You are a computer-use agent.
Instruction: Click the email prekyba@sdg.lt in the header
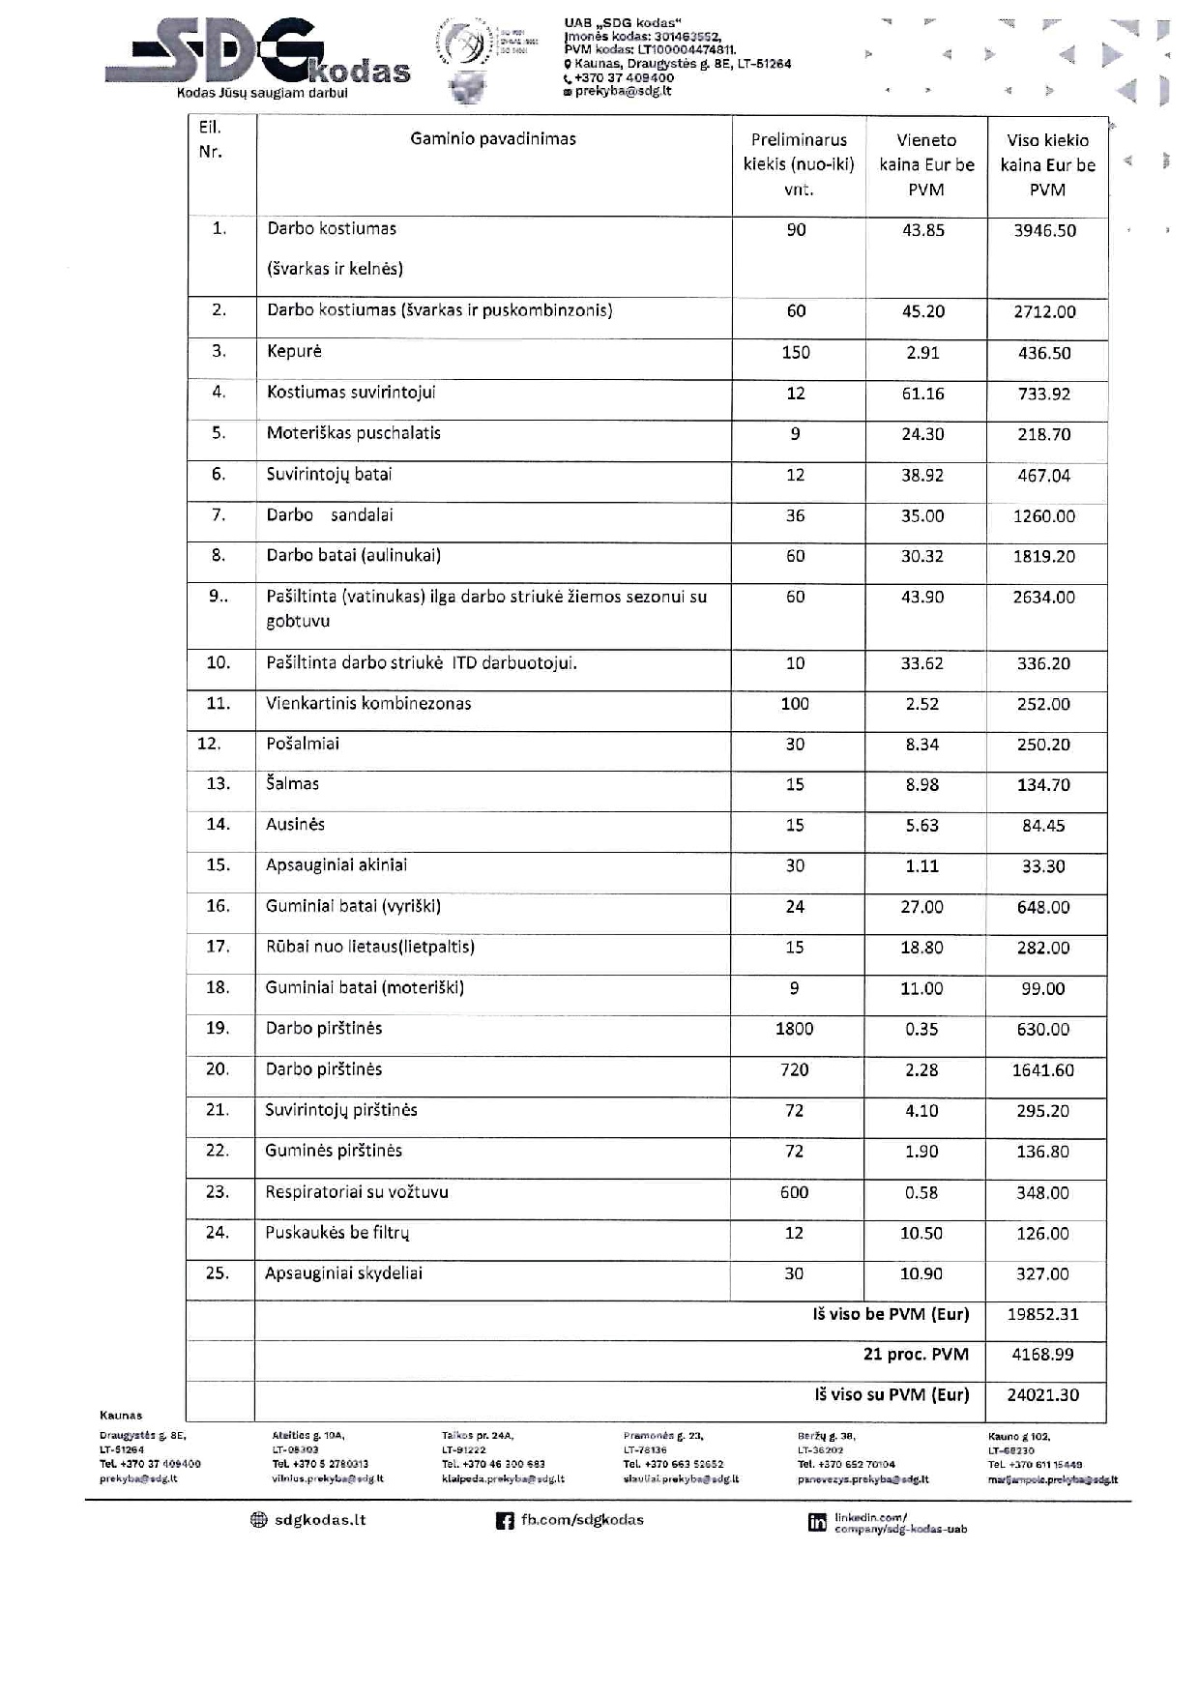(x=623, y=91)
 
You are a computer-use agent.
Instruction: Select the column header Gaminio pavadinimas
(x=493, y=139)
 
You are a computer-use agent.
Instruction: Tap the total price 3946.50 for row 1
(x=1044, y=231)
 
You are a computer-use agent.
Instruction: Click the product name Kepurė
(x=294, y=352)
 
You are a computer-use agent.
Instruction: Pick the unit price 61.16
(x=922, y=394)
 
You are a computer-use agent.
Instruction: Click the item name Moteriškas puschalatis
(x=353, y=433)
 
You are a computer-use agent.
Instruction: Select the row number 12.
(x=209, y=744)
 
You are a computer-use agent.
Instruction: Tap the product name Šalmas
(x=292, y=784)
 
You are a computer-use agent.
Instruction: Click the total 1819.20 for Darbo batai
(x=1043, y=557)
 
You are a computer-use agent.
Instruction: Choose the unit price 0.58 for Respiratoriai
(x=921, y=1193)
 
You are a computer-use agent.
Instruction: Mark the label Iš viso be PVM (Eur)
(x=891, y=1315)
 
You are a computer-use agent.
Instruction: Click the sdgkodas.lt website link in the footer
(x=319, y=1520)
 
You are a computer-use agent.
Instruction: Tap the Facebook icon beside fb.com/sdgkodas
(x=504, y=1521)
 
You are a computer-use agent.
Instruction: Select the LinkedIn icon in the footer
(x=817, y=1523)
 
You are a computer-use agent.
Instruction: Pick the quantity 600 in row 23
(x=794, y=1193)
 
